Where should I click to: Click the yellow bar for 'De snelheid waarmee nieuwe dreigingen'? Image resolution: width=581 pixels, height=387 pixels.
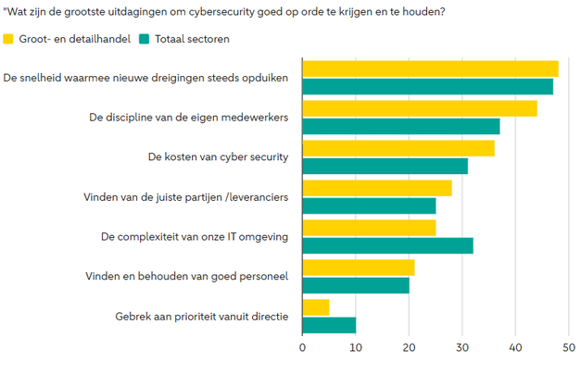(x=431, y=69)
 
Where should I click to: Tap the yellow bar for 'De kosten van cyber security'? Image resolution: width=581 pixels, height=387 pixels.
(x=398, y=148)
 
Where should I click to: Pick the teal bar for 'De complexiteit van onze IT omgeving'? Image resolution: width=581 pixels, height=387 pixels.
(x=387, y=245)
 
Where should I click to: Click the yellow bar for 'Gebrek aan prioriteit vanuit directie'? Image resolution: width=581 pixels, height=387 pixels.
(x=316, y=307)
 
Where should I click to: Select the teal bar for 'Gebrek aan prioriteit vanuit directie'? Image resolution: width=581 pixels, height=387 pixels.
(x=329, y=325)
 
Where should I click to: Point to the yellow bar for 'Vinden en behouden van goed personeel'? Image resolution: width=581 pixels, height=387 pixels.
(x=359, y=268)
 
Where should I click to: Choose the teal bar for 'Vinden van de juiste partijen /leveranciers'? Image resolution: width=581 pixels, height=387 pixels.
(x=369, y=206)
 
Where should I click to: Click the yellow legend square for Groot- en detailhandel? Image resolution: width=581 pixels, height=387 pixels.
(x=9, y=39)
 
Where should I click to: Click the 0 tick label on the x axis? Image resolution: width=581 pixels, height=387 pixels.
(x=303, y=348)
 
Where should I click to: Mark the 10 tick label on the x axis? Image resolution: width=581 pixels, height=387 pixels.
(x=356, y=348)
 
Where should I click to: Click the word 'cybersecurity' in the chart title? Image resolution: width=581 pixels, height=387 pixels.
(x=250, y=11)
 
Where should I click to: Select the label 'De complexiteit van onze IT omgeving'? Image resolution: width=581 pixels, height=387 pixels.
(x=195, y=237)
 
